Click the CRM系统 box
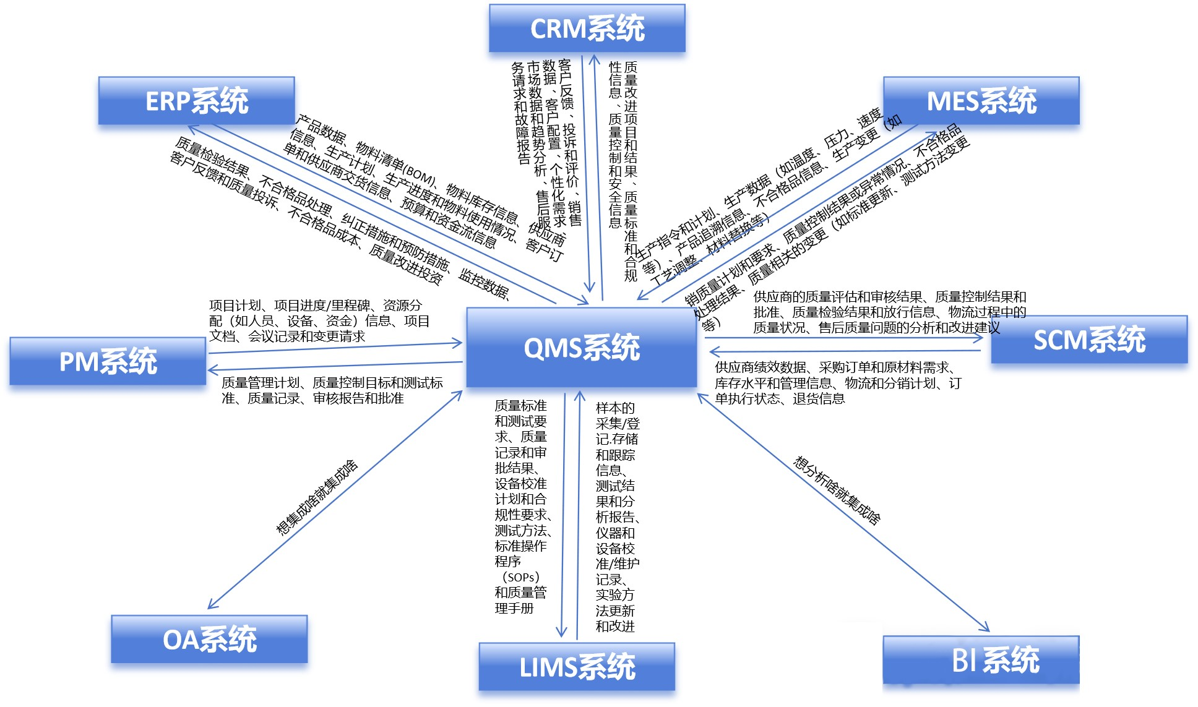[x=587, y=28]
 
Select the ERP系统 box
[x=196, y=101]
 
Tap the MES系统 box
[x=981, y=101]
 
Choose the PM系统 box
[x=108, y=361]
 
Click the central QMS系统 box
[x=581, y=348]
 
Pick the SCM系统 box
[x=1089, y=340]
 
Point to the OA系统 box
[x=209, y=639]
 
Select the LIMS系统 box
[x=577, y=667]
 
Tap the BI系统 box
[x=981, y=660]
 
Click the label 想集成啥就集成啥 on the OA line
[x=317, y=497]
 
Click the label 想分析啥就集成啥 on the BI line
[x=837, y=491]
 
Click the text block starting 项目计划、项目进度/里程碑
[x=319, y=320]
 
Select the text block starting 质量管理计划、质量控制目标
[x=332, y=390]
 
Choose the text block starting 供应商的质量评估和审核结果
[x=889, y=312]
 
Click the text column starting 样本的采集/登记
[x=616, y=516]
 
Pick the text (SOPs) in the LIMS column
[x=520, y=577]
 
